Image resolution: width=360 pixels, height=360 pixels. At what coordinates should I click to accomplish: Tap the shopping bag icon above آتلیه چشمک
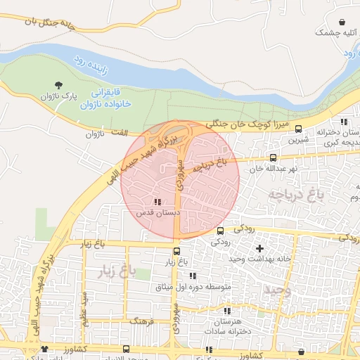pyautogui.click(x=342, y=22)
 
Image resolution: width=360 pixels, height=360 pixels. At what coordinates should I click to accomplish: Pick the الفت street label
pyautogui.click(x=121, y=133)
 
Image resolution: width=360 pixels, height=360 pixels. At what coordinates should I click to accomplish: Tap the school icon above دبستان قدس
pyautogui.click(x=156, y=202)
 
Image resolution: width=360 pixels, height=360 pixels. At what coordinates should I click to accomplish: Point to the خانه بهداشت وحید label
pyautogui.click(x=259, y=259)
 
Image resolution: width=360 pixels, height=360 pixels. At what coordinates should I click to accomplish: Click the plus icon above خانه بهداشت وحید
pyautogui.click(x=260, y=248)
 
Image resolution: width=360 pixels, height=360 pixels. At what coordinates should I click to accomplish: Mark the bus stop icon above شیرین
pyautogui.click(x=299, y=129)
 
